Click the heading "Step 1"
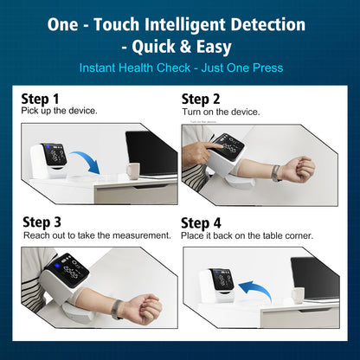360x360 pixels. pos(40,99)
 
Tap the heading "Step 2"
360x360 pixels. pos(201,100)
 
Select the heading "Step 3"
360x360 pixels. pos(42,222)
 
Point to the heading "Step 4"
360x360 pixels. pos(201,223)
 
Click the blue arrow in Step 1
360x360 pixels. pos(87,160)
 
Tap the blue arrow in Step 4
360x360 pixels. pos(257,289)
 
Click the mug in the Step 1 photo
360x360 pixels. pos(133,171)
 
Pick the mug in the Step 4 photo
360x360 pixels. pos(298,295)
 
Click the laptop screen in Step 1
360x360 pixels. pos(151,153)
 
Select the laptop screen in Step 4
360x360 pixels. pos(315,278)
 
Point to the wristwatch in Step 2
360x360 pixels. pos(276,173)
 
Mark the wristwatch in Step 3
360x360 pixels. pos(117,309)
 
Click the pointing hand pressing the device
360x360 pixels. pos(199,152)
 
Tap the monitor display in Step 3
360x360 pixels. pos(68,270)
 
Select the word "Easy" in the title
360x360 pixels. pos(214,47)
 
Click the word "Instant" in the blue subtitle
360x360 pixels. pos(98,68)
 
